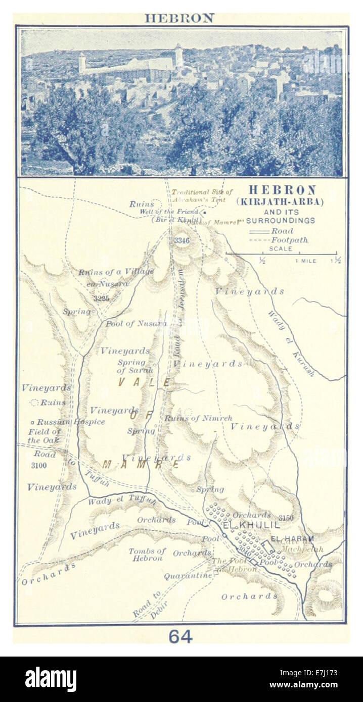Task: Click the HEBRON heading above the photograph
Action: click(179, 18)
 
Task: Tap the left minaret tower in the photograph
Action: click(82, 63)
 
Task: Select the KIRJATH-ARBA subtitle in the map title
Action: click(282, 202)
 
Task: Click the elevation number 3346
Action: click(181, 241)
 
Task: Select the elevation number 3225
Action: click(101, 298)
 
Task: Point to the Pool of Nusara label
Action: click(136, 323)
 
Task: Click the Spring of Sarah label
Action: click(131, 366)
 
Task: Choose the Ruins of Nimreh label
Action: click(198, 418)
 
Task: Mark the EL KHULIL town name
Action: click(251, 526)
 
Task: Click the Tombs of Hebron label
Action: click(147, 555)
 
